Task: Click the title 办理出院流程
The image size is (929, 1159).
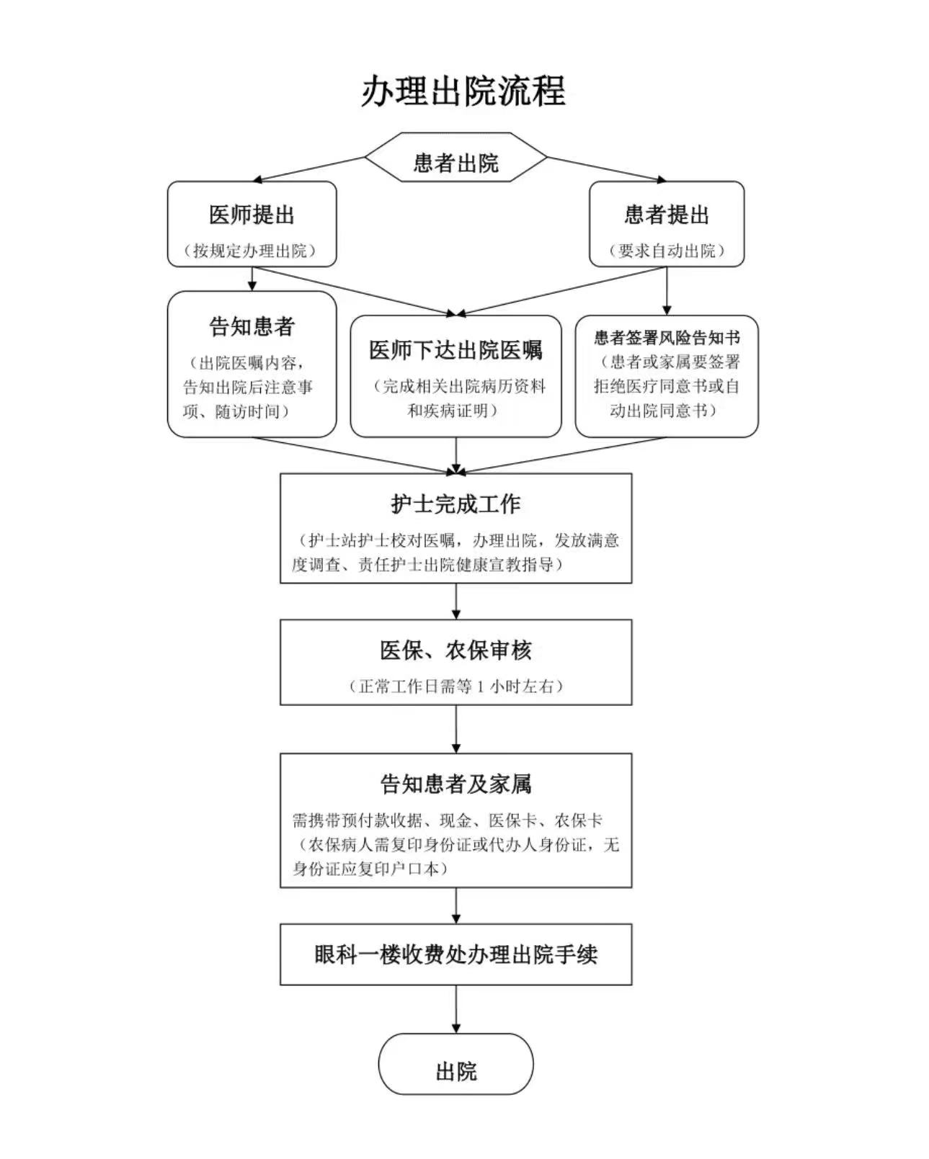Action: (463, 91)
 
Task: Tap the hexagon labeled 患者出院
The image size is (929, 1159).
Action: (456, 157)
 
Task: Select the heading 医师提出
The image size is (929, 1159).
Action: (252, 215)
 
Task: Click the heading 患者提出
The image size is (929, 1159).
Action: (667, 215)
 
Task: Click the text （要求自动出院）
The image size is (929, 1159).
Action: (667, 251)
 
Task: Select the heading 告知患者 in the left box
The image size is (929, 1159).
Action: (252, 326)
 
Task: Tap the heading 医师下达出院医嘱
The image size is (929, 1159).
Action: (456, 350)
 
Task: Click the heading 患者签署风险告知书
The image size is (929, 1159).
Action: (667, 338)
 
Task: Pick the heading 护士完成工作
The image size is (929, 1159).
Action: (456, 504)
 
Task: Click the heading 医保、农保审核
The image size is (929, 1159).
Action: (456, 650)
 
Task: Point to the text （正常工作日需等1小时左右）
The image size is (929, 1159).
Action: (456, 686)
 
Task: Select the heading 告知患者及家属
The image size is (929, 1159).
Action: (456, 784)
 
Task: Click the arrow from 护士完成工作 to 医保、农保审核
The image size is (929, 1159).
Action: (456, 601)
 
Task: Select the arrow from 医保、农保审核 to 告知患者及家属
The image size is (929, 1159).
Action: (456, 729)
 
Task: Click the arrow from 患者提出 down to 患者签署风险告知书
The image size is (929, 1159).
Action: (667, 291)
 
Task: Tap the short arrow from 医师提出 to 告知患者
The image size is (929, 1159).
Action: (252, 279)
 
